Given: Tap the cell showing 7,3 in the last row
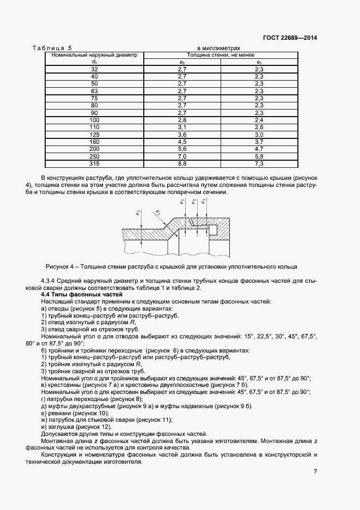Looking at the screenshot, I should point(259,163).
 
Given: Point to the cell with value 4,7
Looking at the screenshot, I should point(259,148).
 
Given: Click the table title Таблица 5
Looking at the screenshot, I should point(56,48).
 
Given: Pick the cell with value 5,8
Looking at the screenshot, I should point(259,156).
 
